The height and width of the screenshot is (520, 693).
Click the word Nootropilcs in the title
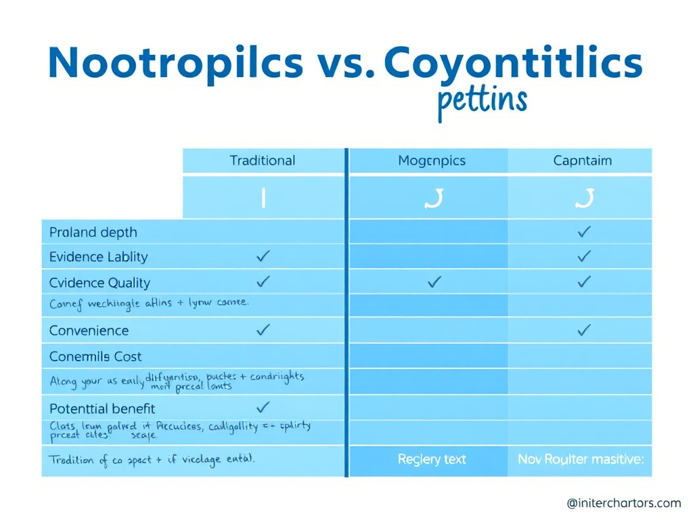[x=175, y=63]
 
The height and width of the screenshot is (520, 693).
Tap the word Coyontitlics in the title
[x=512, y=63]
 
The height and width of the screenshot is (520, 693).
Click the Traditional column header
[x=263, y=160]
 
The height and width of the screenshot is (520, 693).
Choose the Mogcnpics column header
[x=432, y=161]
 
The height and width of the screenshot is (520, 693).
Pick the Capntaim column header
[x=582, y=160]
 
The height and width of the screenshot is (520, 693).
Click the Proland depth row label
[x=93, y=232]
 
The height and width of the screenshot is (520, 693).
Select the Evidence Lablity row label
[x=98, y=257]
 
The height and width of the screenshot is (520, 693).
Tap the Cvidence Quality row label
[x=99, y=282]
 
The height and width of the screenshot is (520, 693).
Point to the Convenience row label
[x=89, y=330]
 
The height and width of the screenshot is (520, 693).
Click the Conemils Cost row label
[x=95, y=356]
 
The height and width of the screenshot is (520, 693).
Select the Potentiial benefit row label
[x=102, y=408]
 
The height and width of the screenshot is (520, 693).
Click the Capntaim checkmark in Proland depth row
[x=584, y=232]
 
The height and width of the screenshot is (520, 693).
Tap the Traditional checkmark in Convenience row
[x=263, y=330]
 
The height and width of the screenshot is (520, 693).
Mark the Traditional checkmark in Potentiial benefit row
[x=263, y=407]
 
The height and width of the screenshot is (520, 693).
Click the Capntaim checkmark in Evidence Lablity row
[x=584, y=256]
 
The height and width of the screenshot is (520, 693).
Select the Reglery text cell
[x=432, y=459]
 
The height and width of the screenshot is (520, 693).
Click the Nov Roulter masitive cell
[x=581, y=459]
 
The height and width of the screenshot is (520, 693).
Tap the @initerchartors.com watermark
[x=623, y=502]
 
